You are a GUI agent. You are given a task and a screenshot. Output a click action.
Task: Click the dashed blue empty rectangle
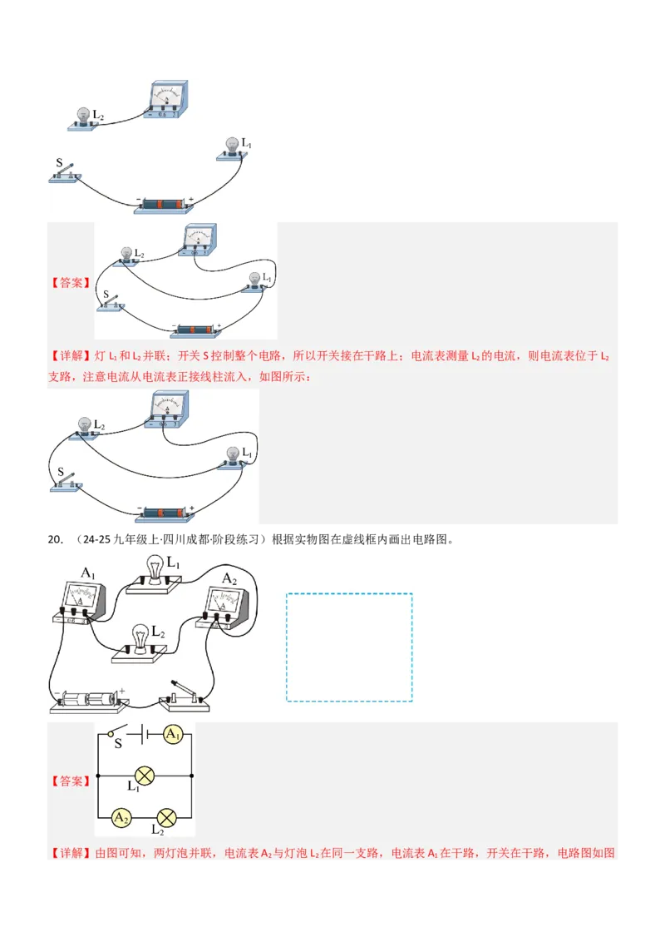coord(349,647)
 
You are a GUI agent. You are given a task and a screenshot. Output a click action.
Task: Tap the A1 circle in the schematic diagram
coord(172,734)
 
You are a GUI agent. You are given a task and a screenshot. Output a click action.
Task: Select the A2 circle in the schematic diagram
coord(121,818)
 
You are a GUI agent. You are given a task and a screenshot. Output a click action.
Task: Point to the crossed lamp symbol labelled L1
coord(145,776)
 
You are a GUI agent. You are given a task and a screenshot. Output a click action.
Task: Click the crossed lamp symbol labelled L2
coord(169,817)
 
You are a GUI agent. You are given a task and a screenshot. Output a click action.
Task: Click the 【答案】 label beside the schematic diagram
coord(70,781)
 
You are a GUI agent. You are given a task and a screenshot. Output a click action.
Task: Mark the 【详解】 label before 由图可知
coord(70,853)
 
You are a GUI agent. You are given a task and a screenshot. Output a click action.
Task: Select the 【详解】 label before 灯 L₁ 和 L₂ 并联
coord(70,356)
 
